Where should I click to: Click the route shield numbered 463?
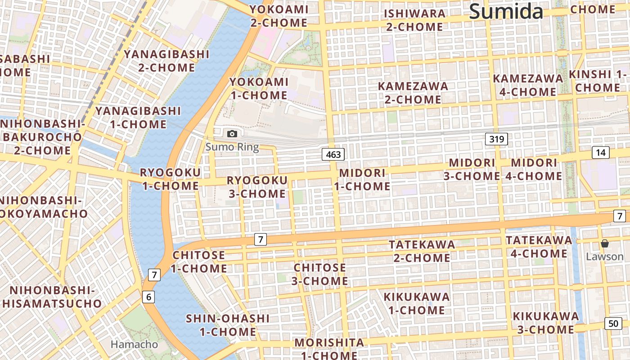pyautogui.click(x=333, y=154)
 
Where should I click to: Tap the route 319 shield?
pyautogui.click(x=496, y=139)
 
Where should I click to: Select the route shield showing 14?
pyautogui.click(x=600, y=153)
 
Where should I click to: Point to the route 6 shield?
pyautogui.click(x=149, y=297)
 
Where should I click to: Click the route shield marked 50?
pyautogui.click(x=613, y=323)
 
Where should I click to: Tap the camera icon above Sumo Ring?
pyautogui.click(x=232, y=134)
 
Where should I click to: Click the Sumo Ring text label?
pyautogui.click(x=232, y=147)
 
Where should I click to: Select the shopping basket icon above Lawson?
pyautogui.click(x=605, y=243)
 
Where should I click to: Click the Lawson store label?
pyautogui.click(x=605, y=256)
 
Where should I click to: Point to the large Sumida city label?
pyautogui.click(x=506, y=11)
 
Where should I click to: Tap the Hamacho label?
pyautogui.click(x=134, y=344)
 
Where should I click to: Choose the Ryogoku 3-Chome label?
pyautogui.click(x=256, y=187)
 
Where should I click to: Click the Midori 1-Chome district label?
pyautogui.click(x=362, y=180)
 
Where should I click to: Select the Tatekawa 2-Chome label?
pyautogui.click(x=422, y=251)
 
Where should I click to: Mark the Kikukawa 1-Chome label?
pyautogui.click(x=416, y=303)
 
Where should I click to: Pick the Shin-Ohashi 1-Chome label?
pyautogui.click(x=228, y=325)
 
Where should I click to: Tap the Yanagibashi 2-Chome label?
pyautogui.click(x=166, y=61)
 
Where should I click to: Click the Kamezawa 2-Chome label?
pyautogui.click(x=413, y=92)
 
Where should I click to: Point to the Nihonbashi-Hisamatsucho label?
pyautogui.click(x=52, y=297)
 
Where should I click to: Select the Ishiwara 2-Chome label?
pyautogui.click(x=414, y=20)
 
